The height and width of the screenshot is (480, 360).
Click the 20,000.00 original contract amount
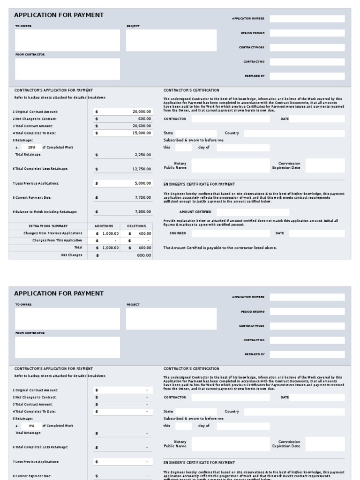click(142, 112)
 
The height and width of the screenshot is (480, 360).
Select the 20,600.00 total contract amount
click(142, 126)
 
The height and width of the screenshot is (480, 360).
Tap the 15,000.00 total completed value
click(142, 133)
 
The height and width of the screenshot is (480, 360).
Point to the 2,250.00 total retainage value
click(142, 155)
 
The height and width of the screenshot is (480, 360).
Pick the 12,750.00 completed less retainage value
click(142, 169)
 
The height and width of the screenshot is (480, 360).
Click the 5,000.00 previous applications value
click(142, 183)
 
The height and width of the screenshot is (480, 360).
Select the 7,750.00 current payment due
click(142, 198)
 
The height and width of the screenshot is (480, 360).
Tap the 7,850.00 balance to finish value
click(142, 212)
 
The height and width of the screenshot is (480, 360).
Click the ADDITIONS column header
click(104, 226)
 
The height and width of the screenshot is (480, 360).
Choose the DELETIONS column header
click(136, 226)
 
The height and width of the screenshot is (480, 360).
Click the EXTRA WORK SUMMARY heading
click(48, 226)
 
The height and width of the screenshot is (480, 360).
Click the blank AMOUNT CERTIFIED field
click(253, 212)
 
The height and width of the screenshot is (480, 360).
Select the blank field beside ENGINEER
click(230, 233)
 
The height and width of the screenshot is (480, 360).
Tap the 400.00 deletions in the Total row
click(144, 247)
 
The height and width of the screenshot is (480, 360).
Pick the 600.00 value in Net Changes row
click(144, 255)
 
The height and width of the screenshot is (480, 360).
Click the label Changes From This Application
click(57, 240)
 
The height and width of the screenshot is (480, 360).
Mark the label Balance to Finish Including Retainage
click(45, 212)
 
